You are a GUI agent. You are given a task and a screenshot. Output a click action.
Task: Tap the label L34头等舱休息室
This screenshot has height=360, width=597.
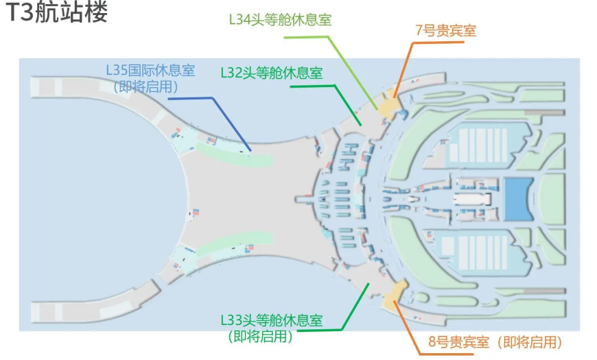click(280, 20)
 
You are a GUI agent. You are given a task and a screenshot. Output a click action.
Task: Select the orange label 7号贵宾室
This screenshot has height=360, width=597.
click(445, 30)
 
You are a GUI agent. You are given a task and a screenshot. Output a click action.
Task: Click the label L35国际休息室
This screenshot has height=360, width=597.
click(150, 70)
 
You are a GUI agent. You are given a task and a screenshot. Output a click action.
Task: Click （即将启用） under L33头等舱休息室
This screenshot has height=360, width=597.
click(261, 336)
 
